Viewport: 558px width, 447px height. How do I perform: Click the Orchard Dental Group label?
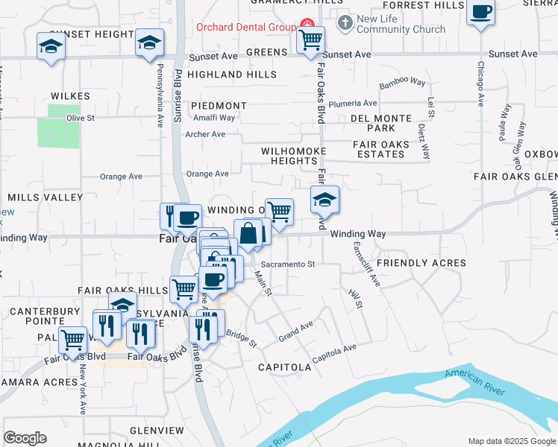point(246,28)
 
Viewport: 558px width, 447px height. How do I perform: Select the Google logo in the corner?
point(25,438)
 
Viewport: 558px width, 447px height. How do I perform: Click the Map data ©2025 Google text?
point(511,441)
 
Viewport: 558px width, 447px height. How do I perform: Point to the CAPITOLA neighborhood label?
point(284,367)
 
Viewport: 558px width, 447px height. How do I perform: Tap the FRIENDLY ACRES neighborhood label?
point(421,263)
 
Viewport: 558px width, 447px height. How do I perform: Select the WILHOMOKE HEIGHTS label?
point(289,156)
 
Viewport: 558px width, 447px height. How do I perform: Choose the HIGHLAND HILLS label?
point(226,74)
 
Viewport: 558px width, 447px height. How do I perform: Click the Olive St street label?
point(81,118)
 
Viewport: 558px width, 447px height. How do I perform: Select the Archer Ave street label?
point(205,134)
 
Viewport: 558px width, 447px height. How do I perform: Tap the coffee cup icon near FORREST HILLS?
point(481,13)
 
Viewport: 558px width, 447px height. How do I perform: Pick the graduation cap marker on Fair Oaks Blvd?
point(325,199)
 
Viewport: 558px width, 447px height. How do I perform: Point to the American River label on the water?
point(475,382)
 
